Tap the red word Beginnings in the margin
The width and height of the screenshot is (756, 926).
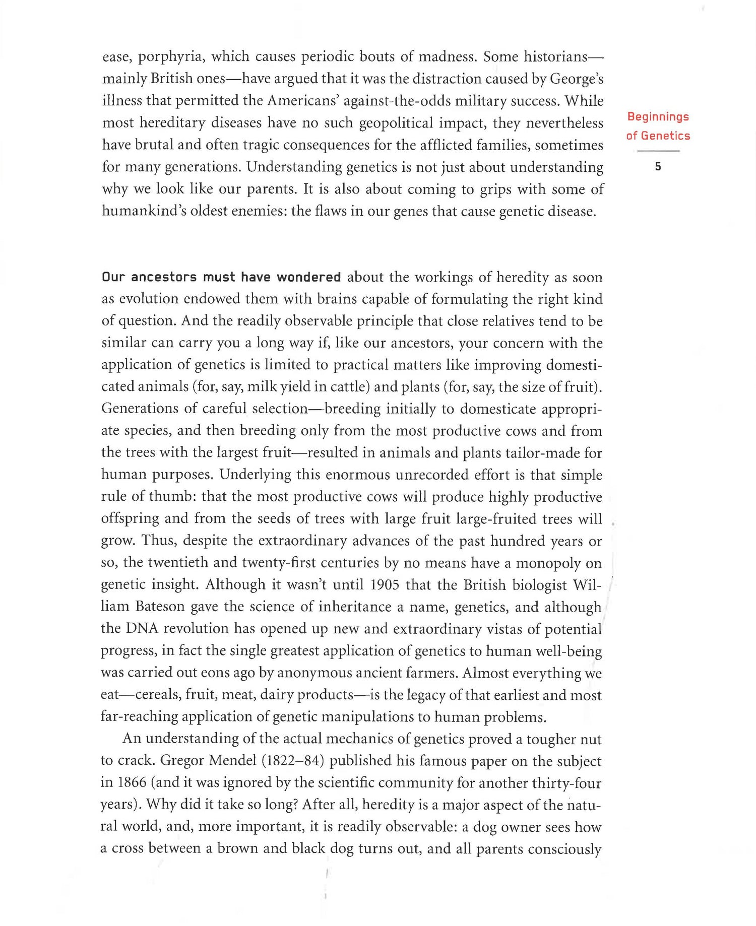pos(658,117)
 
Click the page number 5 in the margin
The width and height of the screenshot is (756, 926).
pos(658,167)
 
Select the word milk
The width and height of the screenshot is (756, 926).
pos(262,387)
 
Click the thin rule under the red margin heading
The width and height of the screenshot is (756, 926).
pos(658,151)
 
